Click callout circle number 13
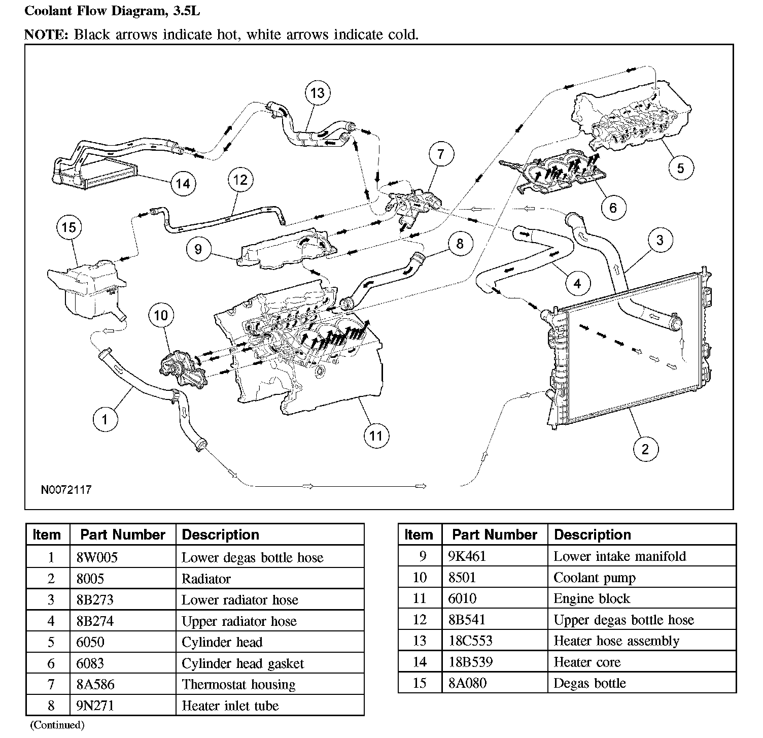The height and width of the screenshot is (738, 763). tap(317, 93)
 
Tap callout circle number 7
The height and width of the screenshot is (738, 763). tap(440, 154)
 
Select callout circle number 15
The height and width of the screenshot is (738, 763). tap(69, 227)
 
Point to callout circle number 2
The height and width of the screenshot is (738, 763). tap(645, 449)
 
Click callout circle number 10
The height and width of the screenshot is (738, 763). tap(160, 315)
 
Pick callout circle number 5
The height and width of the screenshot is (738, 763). tap(681, 167)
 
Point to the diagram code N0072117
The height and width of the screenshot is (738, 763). tap(66, 490)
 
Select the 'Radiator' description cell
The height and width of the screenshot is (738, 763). tap(206, 579)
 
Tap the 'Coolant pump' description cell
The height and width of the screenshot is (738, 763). tap(594, 578)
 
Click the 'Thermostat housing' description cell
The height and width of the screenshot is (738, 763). tap(238, 684)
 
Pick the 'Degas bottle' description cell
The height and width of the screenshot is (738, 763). tap(589, 683)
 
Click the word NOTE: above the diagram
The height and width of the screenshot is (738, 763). tap(47, 35)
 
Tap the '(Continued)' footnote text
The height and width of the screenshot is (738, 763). tap(57, 724)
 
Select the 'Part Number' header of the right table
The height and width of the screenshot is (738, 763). tap(494, 534)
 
